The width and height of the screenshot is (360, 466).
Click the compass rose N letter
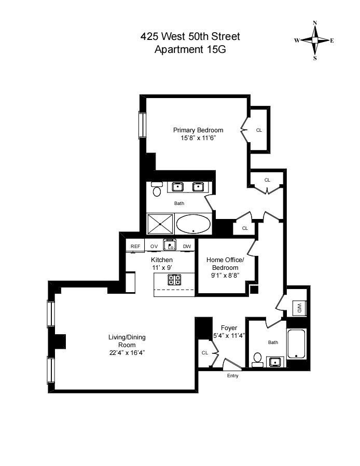315,23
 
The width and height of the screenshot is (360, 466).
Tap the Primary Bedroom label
198,130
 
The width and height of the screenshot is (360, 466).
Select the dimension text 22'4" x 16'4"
127,352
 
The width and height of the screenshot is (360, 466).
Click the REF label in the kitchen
135,246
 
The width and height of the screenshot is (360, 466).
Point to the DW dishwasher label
187,246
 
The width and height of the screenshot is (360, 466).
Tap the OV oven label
154,246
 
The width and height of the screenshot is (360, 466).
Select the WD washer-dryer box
300,308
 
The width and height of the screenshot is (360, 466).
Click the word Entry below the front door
233,376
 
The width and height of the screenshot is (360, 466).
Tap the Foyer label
229,327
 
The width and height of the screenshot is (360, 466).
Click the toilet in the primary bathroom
157,190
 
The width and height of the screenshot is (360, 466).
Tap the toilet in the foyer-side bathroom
257,360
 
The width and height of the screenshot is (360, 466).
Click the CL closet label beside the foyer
205,353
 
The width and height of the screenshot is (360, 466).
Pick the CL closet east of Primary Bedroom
259,130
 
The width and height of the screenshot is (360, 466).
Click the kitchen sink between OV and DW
170,245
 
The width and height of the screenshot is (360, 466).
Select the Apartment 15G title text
190,50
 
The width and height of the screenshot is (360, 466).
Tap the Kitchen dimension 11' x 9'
162,268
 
